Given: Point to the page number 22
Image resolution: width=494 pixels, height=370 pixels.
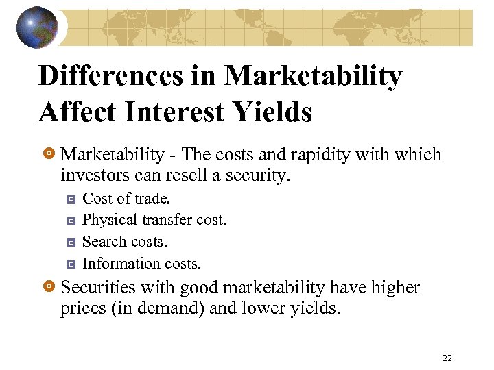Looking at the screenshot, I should pyautogui.click(x=447, y=358).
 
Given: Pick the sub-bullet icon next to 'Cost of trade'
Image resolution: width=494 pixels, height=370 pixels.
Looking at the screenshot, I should pyautogui.click(x=71, y=199).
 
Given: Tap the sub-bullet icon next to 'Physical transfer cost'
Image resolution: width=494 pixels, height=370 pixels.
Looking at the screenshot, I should pyautogui.click(x=71, y=221).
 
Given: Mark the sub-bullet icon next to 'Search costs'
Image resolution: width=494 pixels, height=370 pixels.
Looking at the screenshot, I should pyautogui.click(x=71, y=242).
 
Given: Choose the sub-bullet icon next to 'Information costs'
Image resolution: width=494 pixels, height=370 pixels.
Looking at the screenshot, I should pyautogui.click(x=71, y=264).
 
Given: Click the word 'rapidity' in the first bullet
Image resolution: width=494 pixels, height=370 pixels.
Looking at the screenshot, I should pyautogui.click(x=318, y=156).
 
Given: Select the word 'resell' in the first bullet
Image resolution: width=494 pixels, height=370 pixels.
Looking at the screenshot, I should pyautogui.click(x=186, y=176).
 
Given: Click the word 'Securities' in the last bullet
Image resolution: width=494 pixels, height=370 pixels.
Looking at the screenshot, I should pyautogui.click(x=95, y=288).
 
